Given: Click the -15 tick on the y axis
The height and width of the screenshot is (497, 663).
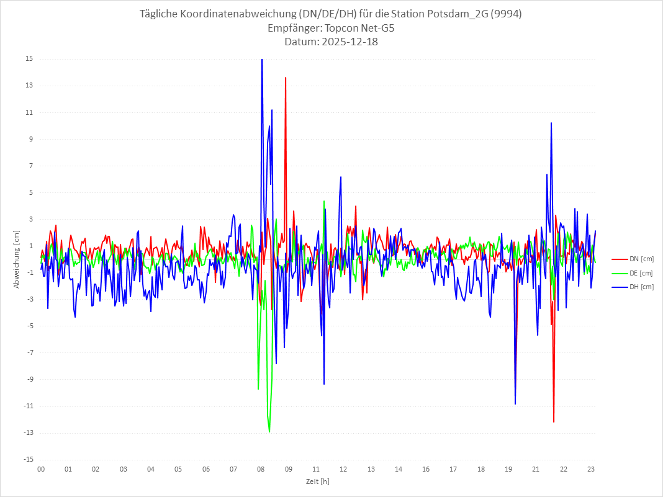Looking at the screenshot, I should click(29, 460).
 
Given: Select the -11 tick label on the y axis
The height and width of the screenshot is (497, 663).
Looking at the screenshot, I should click(29, 406).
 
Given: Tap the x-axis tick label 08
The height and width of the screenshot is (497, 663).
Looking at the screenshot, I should click(261, 470).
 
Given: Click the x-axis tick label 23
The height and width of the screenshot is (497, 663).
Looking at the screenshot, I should click(591, 470).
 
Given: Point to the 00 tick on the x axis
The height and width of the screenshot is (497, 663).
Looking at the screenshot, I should click(41, 470).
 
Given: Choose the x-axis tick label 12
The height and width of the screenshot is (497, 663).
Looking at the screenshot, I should click(343, 470).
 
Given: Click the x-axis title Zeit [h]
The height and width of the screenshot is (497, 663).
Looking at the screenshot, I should click(317, 481).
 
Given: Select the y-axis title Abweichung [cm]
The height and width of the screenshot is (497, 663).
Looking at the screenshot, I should click(17, 259).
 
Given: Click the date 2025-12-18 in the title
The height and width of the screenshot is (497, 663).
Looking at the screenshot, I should click(331, 42).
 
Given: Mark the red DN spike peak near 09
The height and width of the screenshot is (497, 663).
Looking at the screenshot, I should click(286, 78).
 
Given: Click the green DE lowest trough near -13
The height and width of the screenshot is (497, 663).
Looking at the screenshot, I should click(269, 432).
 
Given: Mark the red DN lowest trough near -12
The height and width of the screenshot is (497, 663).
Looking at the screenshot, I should click(554, 422).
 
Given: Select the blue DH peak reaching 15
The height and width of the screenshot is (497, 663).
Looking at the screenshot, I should click(262, 60).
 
